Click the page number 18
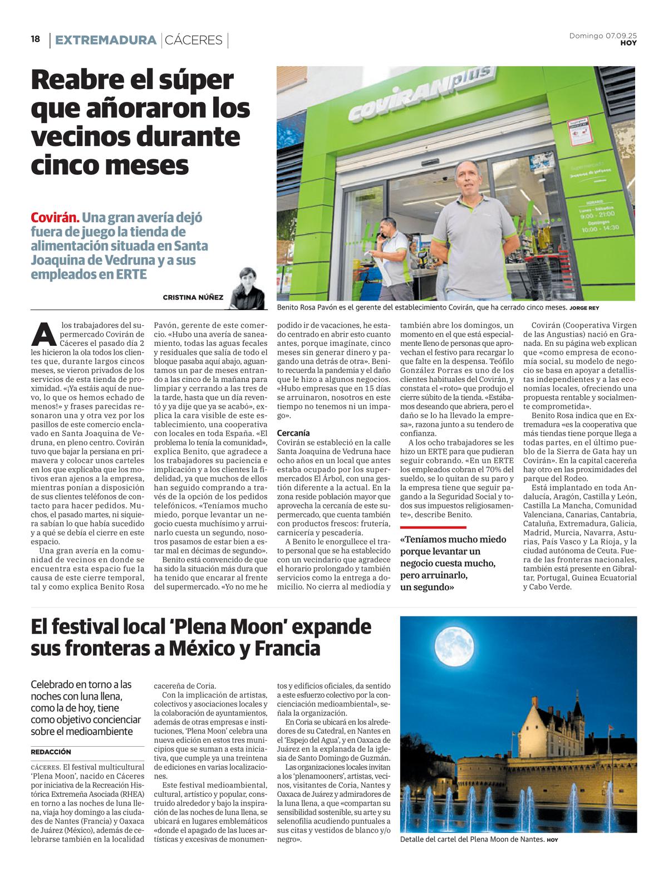(x=36, y=40)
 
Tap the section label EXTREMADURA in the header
(x=105, y=40)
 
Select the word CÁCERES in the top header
(x=194, y=40)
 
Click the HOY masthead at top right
(x=628, y=43)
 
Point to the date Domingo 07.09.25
(x=603, y=36)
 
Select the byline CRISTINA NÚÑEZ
(x=193, y=297)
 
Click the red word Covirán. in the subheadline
(x=55, y=218)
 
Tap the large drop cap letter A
(x=42, y=334)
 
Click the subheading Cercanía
(x=293, y=433)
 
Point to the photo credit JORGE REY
(x=584, y=308)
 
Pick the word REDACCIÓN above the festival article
(x=51, y=752)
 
